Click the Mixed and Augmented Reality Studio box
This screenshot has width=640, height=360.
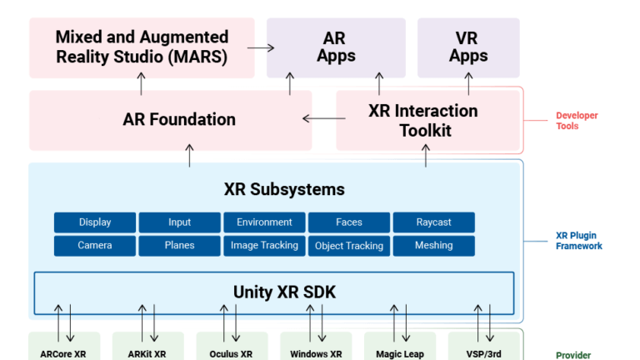click(142, 47)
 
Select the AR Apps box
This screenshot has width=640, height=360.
click(336, 47)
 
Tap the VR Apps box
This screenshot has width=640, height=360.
click(467, 47)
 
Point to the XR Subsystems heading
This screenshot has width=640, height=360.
click(284, 189)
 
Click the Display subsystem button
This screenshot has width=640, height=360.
click(95, 222)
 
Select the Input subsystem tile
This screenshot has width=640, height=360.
click(179, 222)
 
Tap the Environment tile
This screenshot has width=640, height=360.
click(264, 222)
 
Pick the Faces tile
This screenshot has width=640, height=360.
click(349, 222)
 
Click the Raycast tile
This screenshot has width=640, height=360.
click(433, 222)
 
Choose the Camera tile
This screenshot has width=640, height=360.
click(95, 246)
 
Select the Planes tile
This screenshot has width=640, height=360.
click(179, 246)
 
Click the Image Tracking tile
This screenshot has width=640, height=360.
click(264, 246)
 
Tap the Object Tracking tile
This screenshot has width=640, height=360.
click(349, 246)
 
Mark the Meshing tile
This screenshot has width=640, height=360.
click(433, 246)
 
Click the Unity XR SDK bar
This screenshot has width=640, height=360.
click(274, 292)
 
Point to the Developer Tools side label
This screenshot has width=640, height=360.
click(577, 121)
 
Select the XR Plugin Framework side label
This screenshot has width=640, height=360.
click(578, 241)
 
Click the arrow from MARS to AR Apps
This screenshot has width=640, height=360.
click(261, 47)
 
